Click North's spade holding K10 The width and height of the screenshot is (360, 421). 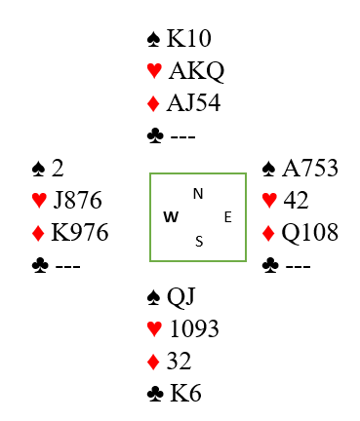[189, 38]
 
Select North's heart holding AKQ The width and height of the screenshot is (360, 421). [197, 71]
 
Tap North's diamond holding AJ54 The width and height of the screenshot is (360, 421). [193, 103]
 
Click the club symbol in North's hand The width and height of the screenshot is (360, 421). [155, 135]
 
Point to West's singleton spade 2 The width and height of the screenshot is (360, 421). [58, 169]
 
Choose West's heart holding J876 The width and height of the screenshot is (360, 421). [78, 200]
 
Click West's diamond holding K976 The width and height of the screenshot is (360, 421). [80, 232]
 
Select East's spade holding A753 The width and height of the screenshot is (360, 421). [310, 169]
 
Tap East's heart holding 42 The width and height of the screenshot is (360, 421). [296, 200]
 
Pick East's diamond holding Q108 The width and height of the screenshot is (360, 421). [310, 233]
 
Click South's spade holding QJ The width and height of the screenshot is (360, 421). [181, 297]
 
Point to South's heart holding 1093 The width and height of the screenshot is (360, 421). [194, 328]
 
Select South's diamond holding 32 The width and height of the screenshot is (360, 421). [179, 361]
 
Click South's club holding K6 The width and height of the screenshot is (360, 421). [185, 394]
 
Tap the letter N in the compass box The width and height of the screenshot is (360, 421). [198, 194]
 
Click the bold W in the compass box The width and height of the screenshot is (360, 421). [171, 216]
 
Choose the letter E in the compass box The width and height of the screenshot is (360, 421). [228, 217]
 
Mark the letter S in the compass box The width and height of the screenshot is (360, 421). [199, 242]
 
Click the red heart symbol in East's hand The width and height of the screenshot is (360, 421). [269, 200]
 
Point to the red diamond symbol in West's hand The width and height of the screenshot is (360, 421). [38, 233]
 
